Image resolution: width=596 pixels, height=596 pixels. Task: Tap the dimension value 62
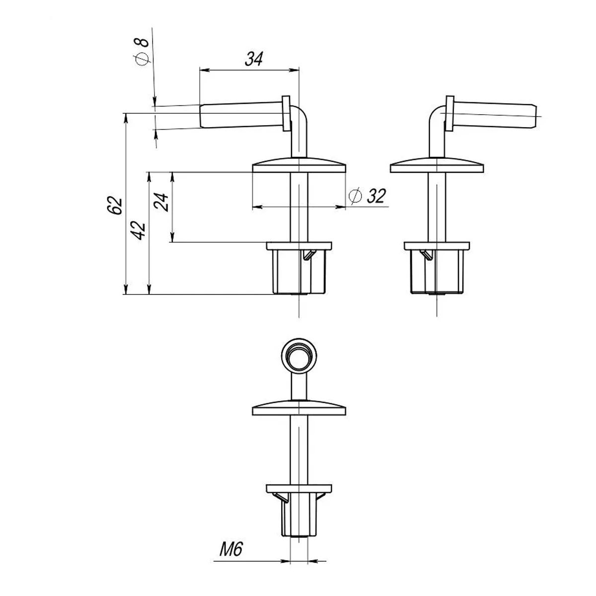[115, 205]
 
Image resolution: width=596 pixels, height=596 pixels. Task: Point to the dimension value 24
[161, 202]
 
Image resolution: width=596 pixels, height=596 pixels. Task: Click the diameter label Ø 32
[367, 196]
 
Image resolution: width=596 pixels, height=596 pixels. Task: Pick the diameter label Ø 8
[142, 52]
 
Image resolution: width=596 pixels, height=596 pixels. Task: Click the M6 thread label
[231, 549]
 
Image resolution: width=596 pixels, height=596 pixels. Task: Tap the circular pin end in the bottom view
[299, 356]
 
